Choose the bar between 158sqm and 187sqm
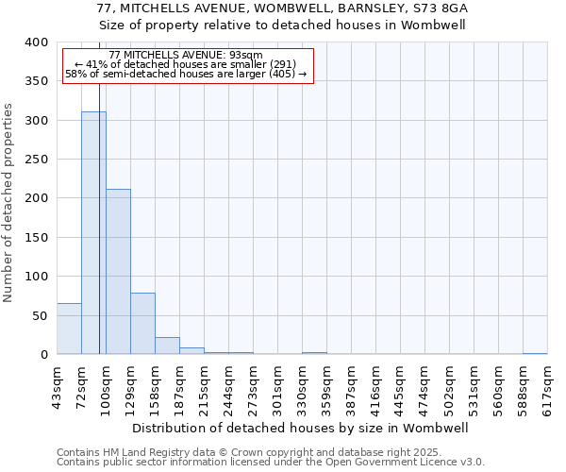click(167, 346)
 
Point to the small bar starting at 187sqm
click(191, 351)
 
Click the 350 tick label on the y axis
click(36, 81)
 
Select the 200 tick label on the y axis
click(36, 198)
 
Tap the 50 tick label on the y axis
click(40, 315)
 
